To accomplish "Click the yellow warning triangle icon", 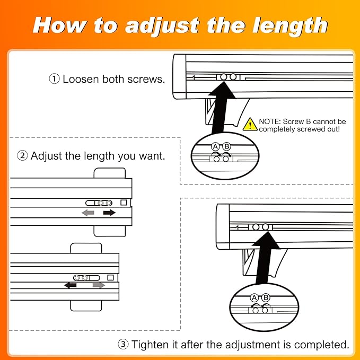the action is pos(250,125).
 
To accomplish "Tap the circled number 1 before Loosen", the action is pos(55,79).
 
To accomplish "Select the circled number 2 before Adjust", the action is pos(22,156).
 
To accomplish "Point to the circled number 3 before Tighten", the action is pos(124,344).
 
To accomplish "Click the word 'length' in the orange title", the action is pos(290,25).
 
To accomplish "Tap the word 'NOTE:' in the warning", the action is pos(270,121).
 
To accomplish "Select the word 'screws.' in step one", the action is pos(146,79).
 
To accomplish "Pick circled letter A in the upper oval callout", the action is pos(215,146).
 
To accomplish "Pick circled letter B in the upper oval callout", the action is pos(226,146).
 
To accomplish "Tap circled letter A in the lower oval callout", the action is pos(254,298).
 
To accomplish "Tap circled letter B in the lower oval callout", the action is pos(266,298).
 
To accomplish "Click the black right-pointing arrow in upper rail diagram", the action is pos(109,213).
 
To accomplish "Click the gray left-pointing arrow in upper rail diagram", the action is pos(88,213).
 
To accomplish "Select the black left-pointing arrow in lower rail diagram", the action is pos(71,285).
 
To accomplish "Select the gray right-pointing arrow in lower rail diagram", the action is pos(99,285).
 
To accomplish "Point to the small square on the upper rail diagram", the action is pos(124,203).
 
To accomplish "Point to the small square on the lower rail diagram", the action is pos(110,278).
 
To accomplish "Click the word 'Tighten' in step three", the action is pos(150,345).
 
